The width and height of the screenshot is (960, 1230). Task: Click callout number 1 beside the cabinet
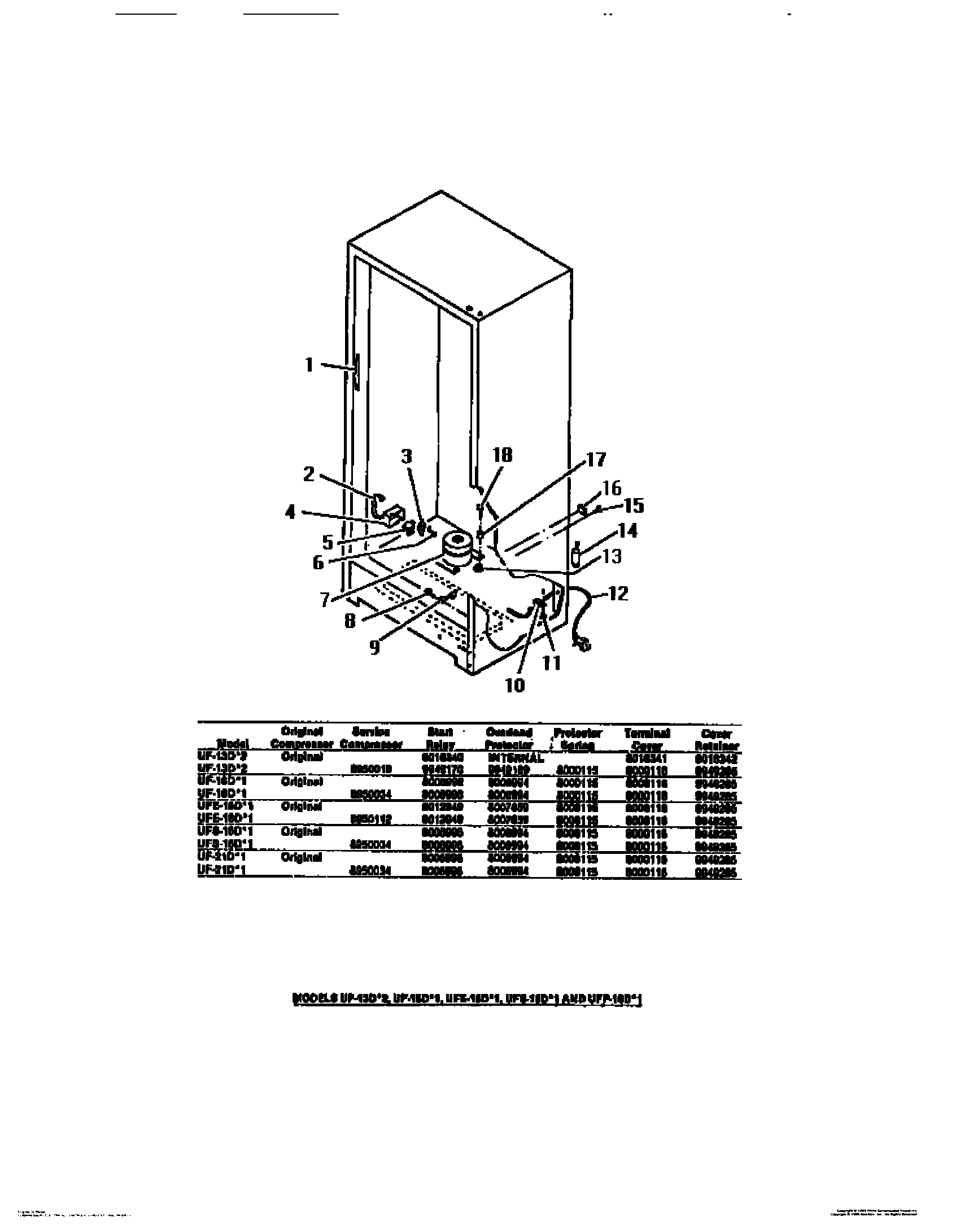point(309,365)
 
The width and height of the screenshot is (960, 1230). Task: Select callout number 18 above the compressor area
point(502,455)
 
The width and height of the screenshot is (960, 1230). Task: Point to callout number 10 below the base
point(515,685)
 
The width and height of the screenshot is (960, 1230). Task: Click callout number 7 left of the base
point(325,599)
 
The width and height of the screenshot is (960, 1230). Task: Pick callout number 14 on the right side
point(628,531)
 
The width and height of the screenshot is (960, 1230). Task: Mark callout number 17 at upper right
point(594,460)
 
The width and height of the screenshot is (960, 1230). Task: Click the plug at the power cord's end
point(582,643)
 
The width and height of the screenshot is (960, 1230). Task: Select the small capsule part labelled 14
point(576,556)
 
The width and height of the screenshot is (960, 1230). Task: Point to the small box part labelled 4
point(394,515)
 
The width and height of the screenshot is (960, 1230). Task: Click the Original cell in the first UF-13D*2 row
point(302,757)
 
